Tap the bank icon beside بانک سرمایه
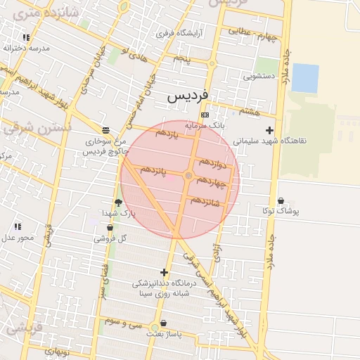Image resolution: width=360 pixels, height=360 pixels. click(205, 115)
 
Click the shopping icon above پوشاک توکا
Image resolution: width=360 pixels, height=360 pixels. click(281, 200)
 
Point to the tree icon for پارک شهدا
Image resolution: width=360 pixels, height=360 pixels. click(118, 202)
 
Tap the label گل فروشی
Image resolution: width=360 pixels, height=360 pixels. click(112, 238)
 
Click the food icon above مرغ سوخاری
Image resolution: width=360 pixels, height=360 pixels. click(105, 130)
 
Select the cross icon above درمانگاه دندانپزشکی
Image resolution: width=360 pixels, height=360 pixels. click(165, 272)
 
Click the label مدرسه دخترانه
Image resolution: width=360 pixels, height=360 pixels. click(26, 48)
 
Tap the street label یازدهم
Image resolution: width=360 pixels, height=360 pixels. click(167, 133)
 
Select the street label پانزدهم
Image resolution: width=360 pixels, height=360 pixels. click(153, 171)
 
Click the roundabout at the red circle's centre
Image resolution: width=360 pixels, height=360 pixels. click(188, 175)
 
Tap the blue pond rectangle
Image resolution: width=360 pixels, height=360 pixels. click(304, 78)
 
